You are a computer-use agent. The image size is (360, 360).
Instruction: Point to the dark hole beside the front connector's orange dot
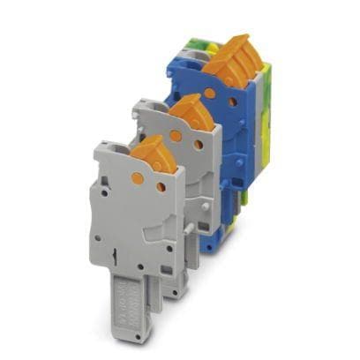coord(161,187)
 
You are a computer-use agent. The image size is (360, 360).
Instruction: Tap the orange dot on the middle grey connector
coord(175,136)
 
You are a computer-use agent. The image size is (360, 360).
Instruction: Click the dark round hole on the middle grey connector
coord(199,145)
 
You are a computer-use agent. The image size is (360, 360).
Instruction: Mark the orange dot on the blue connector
coord(210,92)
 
